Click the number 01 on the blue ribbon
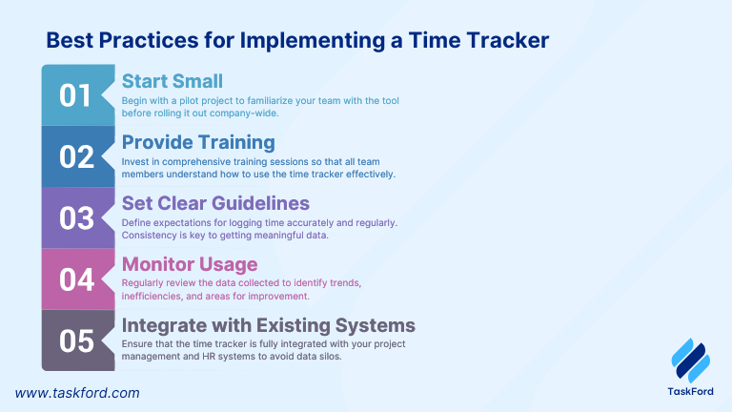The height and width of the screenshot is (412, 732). (75, 95)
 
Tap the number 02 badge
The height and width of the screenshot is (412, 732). (76, 157)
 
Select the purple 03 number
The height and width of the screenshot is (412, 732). (76, 218)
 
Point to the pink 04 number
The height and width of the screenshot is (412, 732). (76, 279)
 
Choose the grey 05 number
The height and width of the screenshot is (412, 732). (76, 340)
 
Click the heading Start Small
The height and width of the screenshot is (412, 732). (173, 81)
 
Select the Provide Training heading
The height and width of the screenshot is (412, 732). (198, 142)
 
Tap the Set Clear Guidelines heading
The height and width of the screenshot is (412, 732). (215, 203)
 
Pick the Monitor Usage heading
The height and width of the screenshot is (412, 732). (190, 264)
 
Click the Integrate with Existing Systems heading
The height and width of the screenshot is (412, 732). (269, 325)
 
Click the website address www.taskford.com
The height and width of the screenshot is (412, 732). (77, 393)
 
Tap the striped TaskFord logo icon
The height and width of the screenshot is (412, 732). (690, 360)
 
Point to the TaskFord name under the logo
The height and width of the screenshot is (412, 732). (690, 391)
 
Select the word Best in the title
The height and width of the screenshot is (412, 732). (70, 40)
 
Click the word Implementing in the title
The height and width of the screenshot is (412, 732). (313, 41)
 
